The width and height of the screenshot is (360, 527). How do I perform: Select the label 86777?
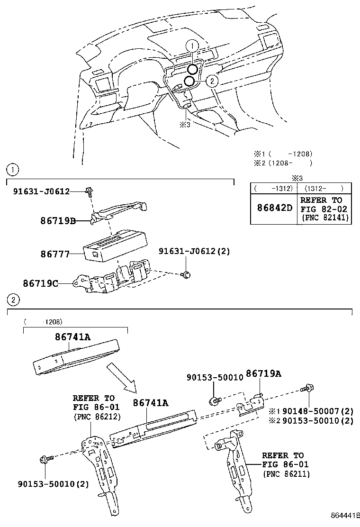click(x=53, y=254)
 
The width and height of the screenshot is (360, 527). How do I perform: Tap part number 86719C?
click(x=41, y=283)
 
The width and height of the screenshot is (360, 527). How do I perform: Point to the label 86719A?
click(x=263, y=374)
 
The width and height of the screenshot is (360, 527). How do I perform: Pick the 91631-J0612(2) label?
click(x=194, y=251)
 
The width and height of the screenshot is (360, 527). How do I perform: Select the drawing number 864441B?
click(x=344, y=515)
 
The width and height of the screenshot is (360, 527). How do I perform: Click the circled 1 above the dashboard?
click(x=192, y=46)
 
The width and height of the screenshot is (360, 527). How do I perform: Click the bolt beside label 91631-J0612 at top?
click(x=89, y=191)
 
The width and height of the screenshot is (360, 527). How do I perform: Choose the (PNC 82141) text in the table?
click(x=325, y=218)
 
